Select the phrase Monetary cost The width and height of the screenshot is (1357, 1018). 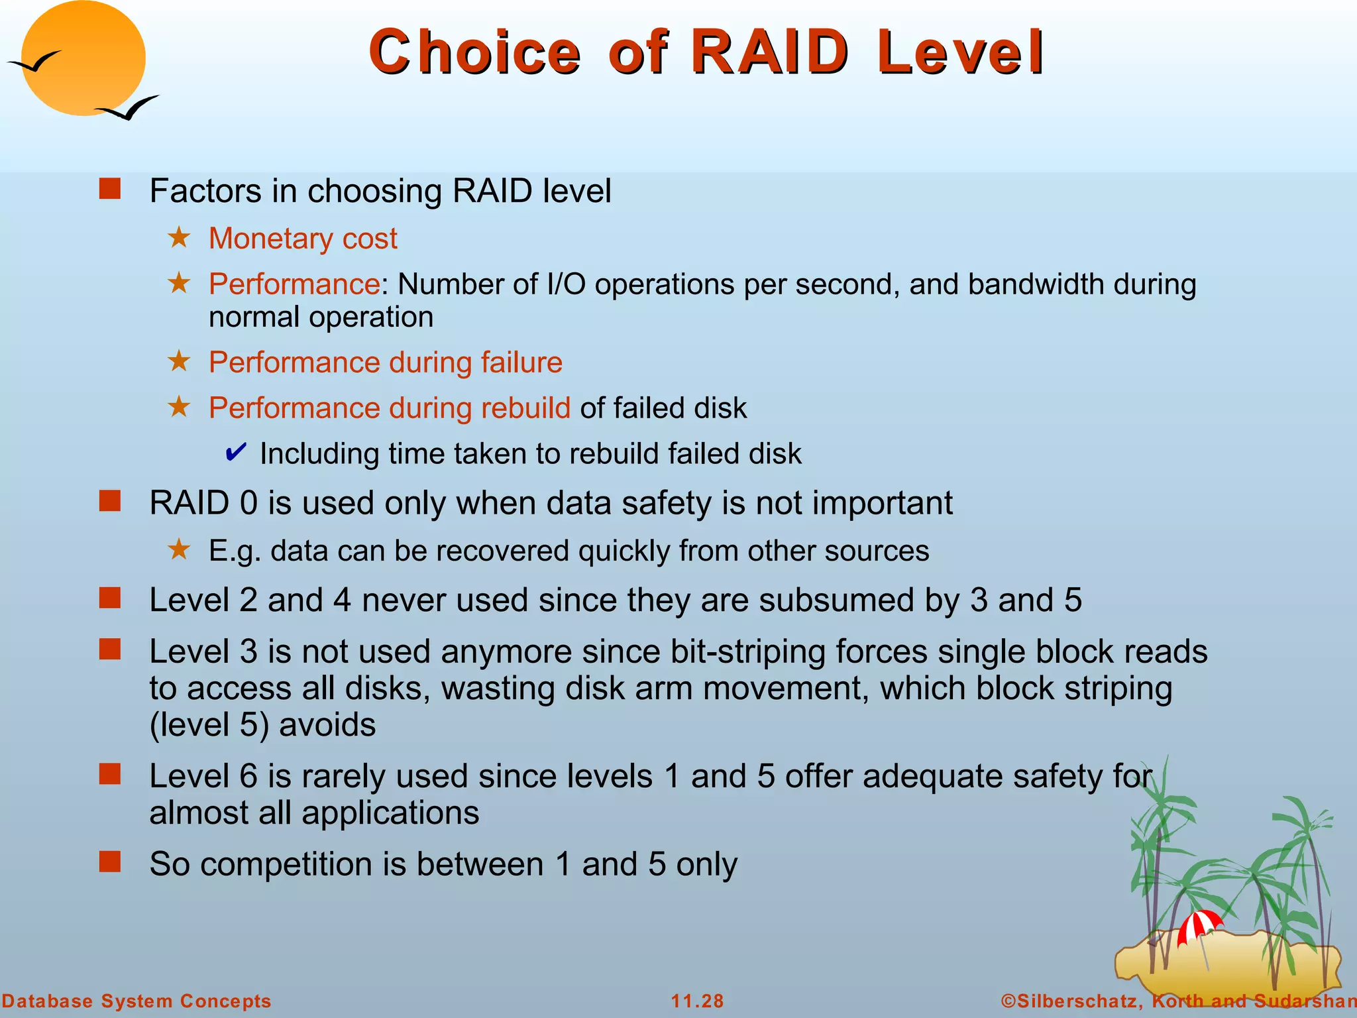point(303,238)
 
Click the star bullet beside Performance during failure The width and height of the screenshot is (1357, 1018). point(179,361)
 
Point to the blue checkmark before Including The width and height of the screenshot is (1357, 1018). point(236,453)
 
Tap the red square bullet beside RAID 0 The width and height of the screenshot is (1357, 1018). point(110,501)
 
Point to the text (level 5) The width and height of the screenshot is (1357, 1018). point(209,724)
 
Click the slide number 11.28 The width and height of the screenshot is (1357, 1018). point(697,1001)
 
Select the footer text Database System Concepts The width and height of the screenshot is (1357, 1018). point(136,1001)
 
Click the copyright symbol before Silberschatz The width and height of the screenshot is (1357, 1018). point(1008,1001)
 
